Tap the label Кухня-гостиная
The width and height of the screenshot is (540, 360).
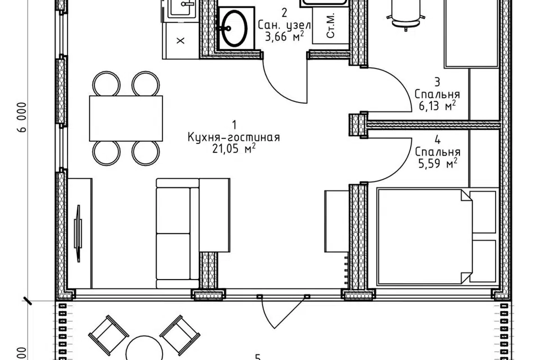(x=234, y=137)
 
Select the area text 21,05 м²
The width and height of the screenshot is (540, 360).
(x=234, y=149)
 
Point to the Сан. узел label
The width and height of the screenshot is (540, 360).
(x=285, y=25)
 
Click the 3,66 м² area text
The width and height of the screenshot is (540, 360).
(x=285, y=36)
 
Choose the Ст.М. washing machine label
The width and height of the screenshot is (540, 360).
(x=331, y=26)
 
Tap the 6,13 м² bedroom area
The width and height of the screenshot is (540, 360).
(x=438, y=105)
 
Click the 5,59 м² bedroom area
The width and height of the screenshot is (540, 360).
(x=438, y=163)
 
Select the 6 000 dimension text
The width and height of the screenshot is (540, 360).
(x=22, y=117)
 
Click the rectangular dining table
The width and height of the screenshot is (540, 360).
(x=125, y=118)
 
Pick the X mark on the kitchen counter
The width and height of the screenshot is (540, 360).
(x=181, y=40)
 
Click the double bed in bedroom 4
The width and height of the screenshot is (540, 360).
(x=438, y=237)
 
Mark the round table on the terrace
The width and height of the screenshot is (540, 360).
(x=145, y=349)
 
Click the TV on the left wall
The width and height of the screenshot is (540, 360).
(x=78, y=233)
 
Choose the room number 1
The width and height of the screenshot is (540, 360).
(x=234, y=124)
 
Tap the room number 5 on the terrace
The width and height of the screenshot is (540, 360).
(x=258, y=358)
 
